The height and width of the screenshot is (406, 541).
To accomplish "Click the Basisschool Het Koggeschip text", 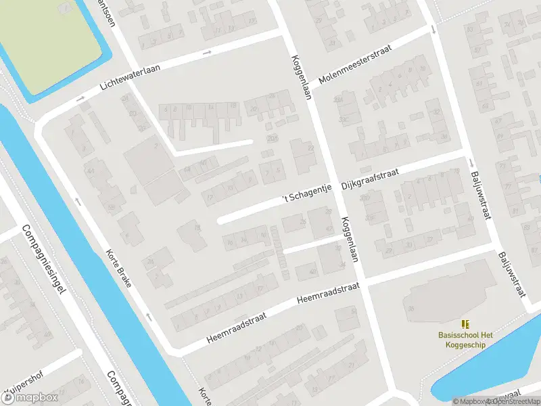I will [x=465, y=339].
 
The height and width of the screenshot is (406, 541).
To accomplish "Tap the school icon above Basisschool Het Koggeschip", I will [x=465, y=324].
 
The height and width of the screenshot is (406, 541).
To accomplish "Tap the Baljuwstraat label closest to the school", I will [x=511, y=275].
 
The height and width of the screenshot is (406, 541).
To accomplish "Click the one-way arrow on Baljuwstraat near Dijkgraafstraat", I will [x=471, y=162].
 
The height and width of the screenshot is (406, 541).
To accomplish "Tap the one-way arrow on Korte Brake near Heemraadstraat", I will [x=148, y=317].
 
